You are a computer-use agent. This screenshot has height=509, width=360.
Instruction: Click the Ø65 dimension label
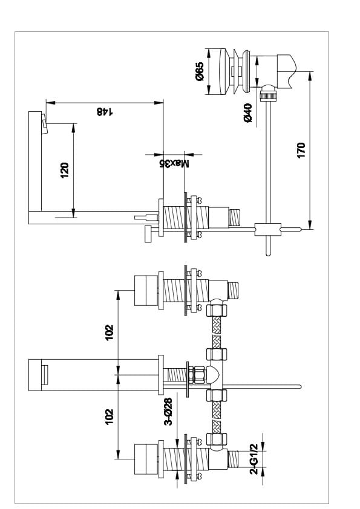tap(199, 71)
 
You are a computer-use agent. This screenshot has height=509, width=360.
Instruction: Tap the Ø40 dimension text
tap(247, 112)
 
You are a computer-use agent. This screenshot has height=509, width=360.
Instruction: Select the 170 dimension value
tap(301, 150)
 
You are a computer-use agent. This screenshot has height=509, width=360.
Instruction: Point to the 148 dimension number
tap(105, 112)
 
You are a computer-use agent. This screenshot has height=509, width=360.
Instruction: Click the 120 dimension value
tap(64, 170)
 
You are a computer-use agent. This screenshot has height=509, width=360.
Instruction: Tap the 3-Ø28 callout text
tap(168, 412)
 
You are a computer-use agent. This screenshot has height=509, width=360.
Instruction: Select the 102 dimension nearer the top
tap(110, 332)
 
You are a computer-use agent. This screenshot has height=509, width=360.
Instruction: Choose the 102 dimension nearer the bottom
tap(110, 417)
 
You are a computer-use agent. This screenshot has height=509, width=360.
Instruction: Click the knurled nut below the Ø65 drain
tap(269, 96)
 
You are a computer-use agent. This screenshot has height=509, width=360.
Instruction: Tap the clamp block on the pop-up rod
tap(268, 229)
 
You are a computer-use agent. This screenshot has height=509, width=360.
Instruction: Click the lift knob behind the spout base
tap(148, 233)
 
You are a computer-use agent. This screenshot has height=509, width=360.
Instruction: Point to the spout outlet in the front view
tap(45, 375)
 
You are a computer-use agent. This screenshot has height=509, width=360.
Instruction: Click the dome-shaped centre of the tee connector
tap(214, 375)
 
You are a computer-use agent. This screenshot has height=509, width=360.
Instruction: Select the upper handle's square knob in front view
tap(146, 291)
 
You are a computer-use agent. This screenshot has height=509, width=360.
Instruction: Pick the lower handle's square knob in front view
tap(146, 459)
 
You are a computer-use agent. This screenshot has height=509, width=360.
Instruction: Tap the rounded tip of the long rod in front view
tap(299, 386)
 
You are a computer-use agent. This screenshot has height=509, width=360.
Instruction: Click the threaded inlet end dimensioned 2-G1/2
tap(234, 459)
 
